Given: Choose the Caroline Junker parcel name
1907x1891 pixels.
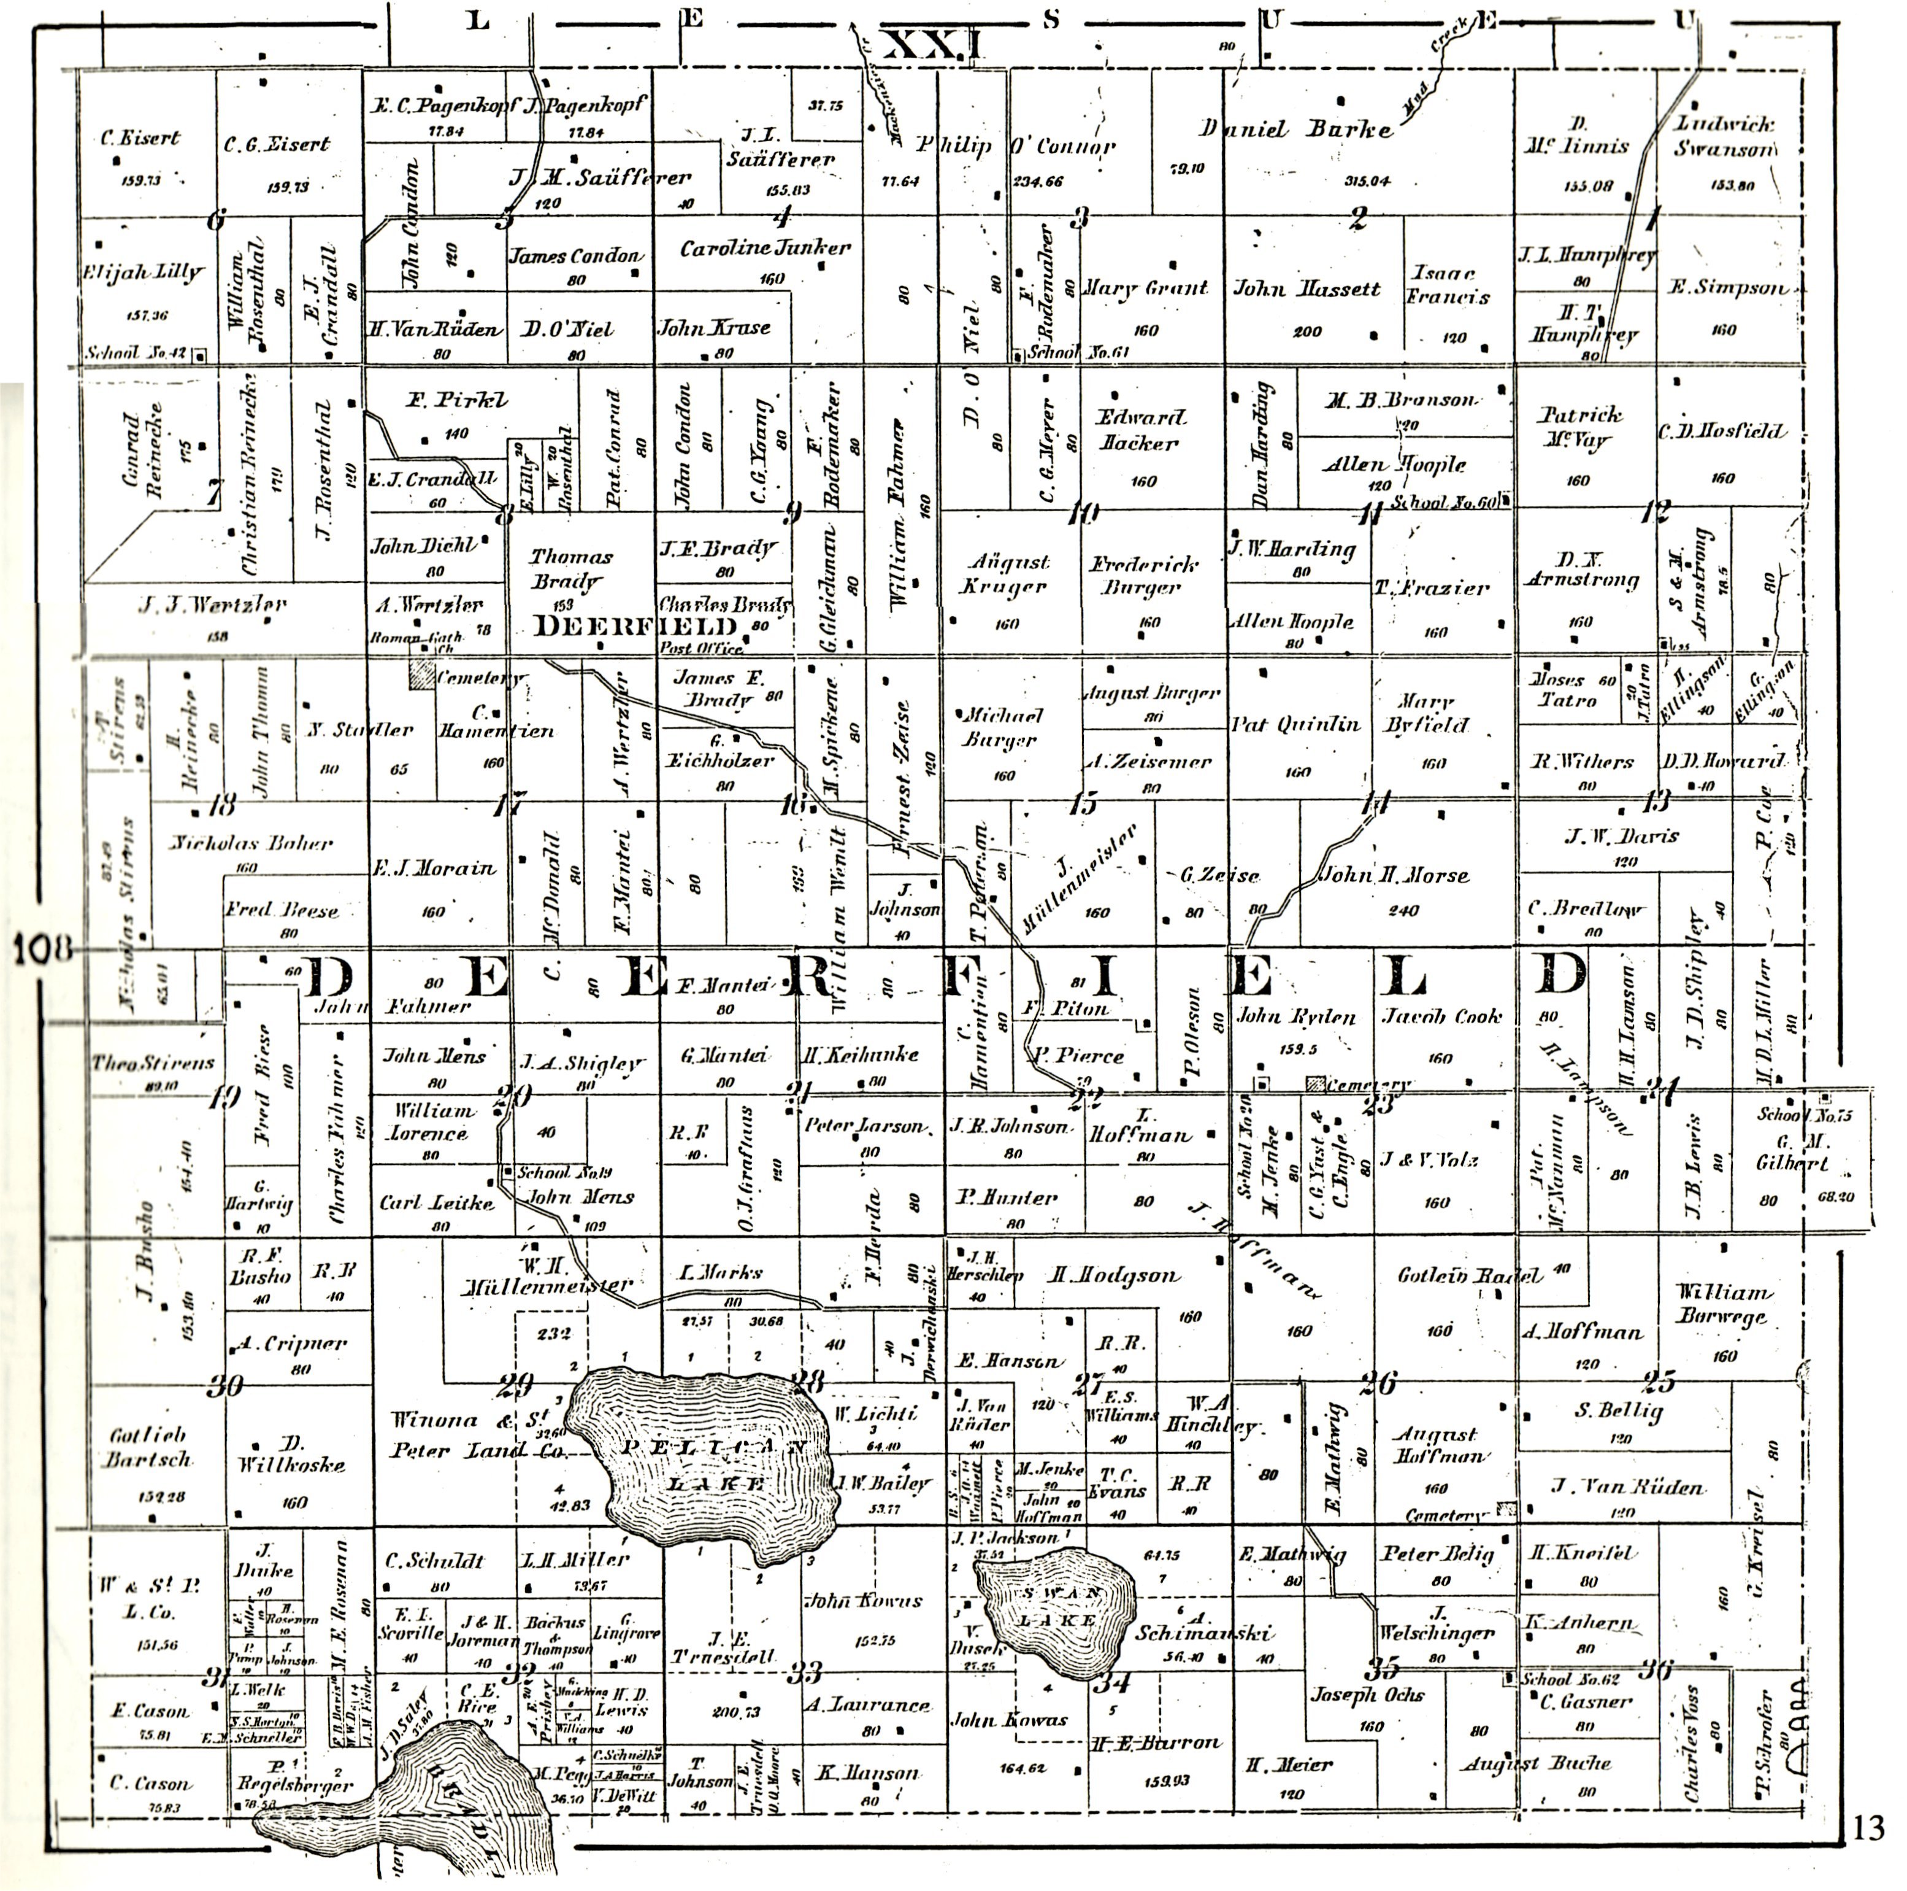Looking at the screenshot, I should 764,249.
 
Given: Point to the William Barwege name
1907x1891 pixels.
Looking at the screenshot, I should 1724,1304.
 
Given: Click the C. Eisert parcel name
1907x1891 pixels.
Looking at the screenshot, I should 140,138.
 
